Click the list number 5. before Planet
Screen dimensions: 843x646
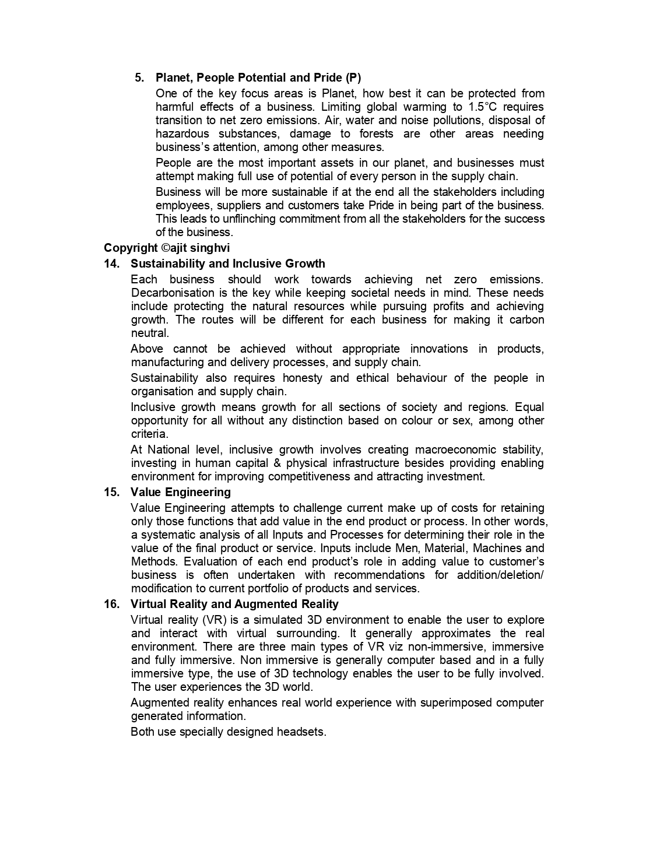(139, 78)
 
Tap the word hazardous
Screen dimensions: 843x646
(182, 134)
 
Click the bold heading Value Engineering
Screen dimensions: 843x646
(181, 492)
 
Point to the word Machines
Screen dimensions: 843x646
(497, 548)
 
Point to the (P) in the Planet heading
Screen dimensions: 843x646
(353, 78)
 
